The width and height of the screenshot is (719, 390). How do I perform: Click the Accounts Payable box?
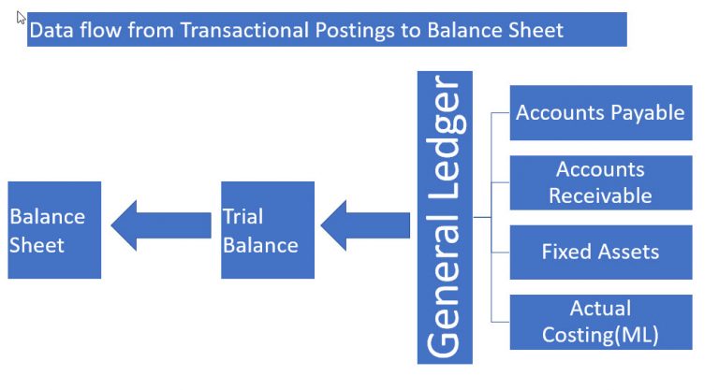click(600, 113)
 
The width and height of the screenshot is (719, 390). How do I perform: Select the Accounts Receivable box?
click(600, 182)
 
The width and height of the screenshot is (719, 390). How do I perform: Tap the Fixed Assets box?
click(600, 252)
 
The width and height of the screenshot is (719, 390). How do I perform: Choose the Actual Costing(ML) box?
click(600, 322)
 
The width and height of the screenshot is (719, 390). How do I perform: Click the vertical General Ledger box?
click(445, 217)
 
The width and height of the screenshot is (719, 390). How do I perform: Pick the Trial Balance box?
click(267, 230)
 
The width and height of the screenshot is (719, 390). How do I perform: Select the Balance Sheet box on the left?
click(54, 230)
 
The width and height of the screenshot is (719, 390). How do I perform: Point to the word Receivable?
click(600, 195)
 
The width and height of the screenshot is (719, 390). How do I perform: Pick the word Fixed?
click(565, 252)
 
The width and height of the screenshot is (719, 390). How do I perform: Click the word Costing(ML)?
click(600, 335)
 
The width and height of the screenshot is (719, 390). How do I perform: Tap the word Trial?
click(242, 217)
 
